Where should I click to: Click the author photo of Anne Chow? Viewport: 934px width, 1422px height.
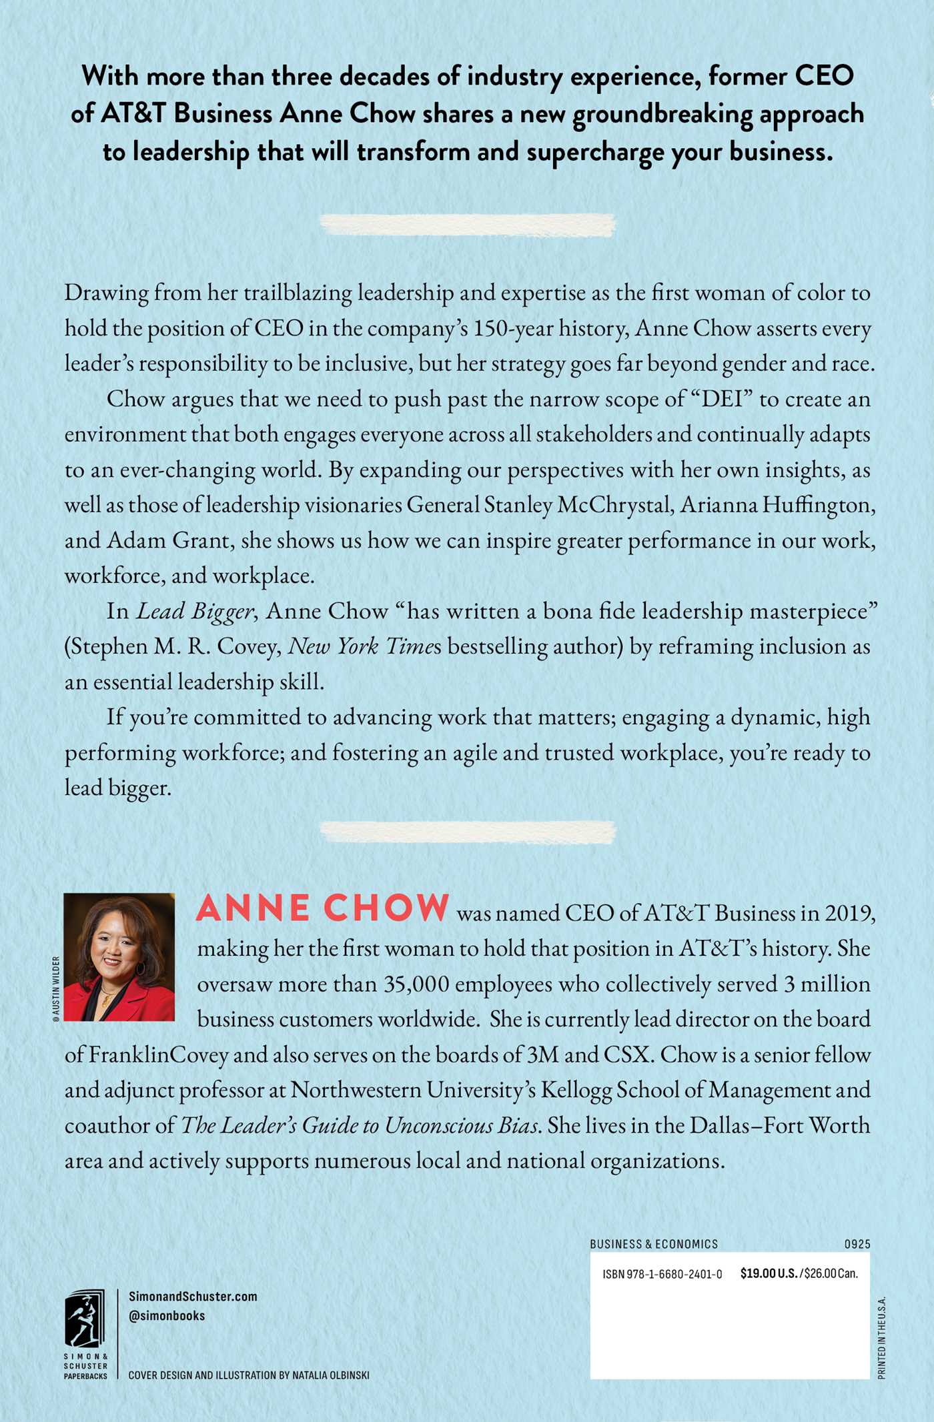[119, 956]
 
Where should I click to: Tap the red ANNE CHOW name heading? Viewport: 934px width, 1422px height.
[323, 908]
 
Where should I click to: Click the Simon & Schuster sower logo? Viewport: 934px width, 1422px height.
[85, 1319]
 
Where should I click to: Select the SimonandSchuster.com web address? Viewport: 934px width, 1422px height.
[193, 1297]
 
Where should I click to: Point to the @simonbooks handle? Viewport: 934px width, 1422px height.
[167, 1316]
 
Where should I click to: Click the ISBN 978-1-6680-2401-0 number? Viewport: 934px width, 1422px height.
[662, 1274]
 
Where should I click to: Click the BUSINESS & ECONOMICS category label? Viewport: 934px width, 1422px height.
[654, 1244]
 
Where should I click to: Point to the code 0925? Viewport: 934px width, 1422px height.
[857, 1244]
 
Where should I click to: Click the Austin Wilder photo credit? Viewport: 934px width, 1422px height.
[56, 986]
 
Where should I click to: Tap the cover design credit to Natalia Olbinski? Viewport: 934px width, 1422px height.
[249, 1375]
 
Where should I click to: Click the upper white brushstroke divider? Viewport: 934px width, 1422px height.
[467, 225]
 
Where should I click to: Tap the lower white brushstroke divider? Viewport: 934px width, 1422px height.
[467, 832]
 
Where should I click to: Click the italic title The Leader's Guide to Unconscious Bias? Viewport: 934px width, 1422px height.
[360, 1125]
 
